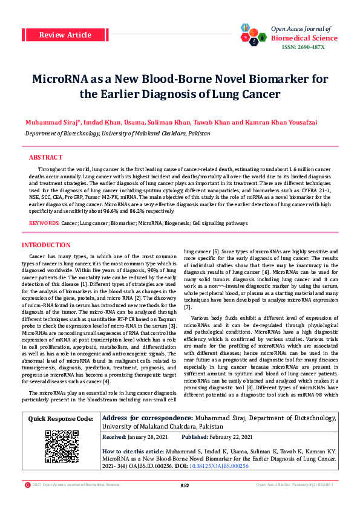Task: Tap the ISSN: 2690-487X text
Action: point(303,47)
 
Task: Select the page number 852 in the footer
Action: point(185,502)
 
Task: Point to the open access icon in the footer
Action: point(27,502)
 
